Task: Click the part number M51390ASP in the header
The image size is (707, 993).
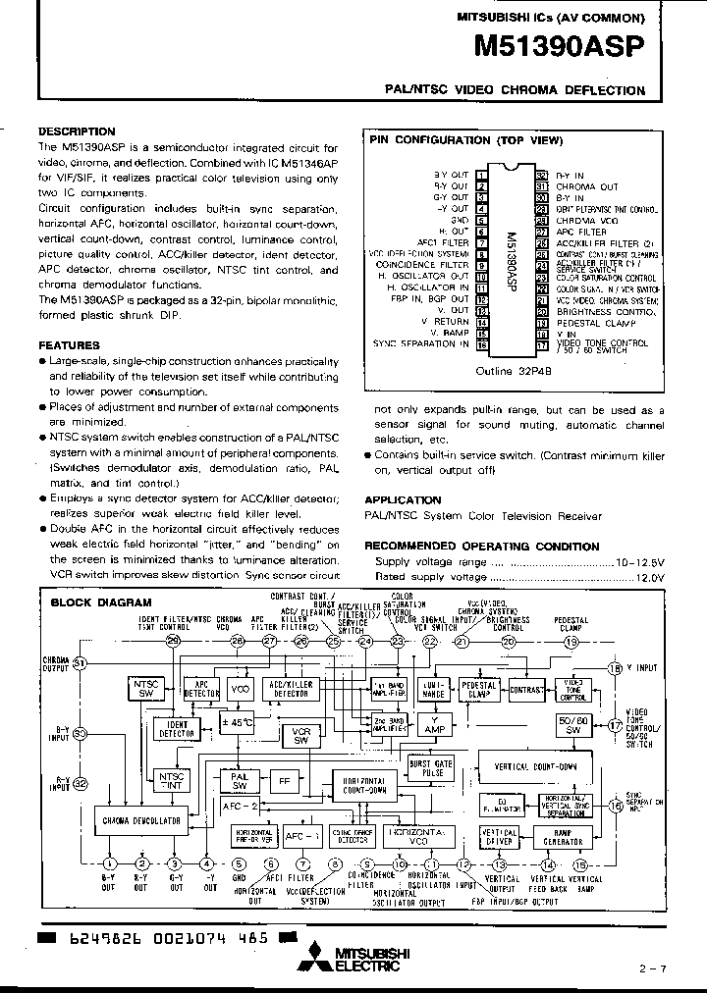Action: (x=559, y=49)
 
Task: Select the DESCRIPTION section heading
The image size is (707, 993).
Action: (x=77, y=131)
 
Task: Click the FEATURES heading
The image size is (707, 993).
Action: (x=69, y=345)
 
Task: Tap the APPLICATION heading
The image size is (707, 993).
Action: (x=404, y=499)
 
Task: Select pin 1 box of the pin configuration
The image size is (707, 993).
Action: (x=481, y=175)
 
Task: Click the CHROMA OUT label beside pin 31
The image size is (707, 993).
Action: (x=586, y=186)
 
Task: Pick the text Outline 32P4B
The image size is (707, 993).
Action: (x=513, y=372)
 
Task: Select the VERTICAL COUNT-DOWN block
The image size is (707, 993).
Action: (x=534, y=766)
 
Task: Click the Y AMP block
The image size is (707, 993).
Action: (x=433, y=724)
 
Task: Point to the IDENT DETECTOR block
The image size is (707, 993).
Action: (x=176, y=728)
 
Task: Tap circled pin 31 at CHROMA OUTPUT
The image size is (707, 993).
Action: (x=81, y=664)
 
